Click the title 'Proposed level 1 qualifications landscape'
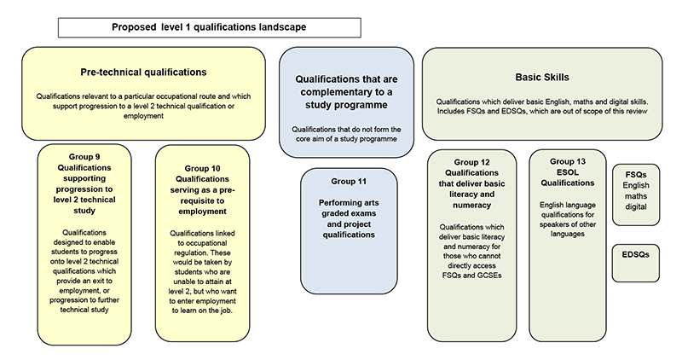[209, 27]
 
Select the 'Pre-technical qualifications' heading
[143, 73]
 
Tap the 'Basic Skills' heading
[542, 77]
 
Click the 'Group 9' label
[84, 157]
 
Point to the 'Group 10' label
[202, 168]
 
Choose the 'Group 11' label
[349, 181]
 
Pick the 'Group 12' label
[472, 162]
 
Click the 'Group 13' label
[568, 161]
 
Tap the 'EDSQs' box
[635, 263]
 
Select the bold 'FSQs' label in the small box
[636, 175]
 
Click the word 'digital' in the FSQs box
[636, 206]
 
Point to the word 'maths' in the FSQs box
[636, 196]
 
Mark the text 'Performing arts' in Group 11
[349, 203]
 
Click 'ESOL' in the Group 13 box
[568, 172]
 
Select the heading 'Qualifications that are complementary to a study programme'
[346, 92]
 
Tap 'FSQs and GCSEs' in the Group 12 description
[472, 276]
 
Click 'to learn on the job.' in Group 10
[202, 311]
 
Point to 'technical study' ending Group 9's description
[84, 310]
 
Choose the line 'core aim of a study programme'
[346, 139]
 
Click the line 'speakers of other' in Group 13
[568, 224]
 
